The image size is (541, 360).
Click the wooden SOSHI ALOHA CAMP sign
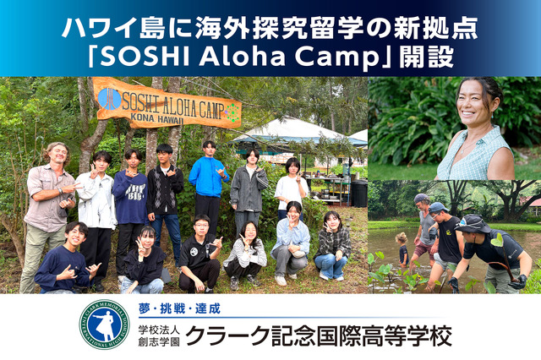click(x=167, y=103)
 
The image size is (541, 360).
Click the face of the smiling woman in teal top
click(x=475, y=110)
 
